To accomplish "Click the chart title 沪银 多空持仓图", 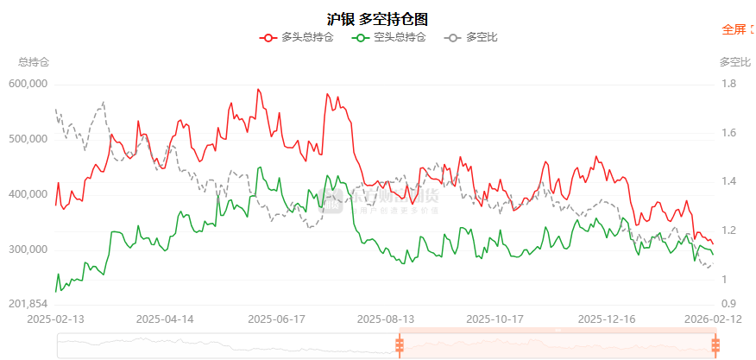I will click(x=377, y=18).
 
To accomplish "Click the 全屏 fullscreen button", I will click(x=734, y=29).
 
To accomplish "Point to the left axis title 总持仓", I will click(x=34, y=62).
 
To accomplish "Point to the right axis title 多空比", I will click(x=735, y=62).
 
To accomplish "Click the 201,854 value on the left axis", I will click(x=28, y=305).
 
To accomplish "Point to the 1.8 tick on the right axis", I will click(x=728, y=84).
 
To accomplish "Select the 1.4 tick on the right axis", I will click(x=728, y=181).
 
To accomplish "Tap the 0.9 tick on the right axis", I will click(x=728, y=304).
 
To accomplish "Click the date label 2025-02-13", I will click(x=56, y=319).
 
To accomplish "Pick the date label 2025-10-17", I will click(x=494, y=319).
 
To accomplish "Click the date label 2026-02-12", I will click(x=713, y=319).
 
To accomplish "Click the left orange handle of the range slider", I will click(x=399, y=345).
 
